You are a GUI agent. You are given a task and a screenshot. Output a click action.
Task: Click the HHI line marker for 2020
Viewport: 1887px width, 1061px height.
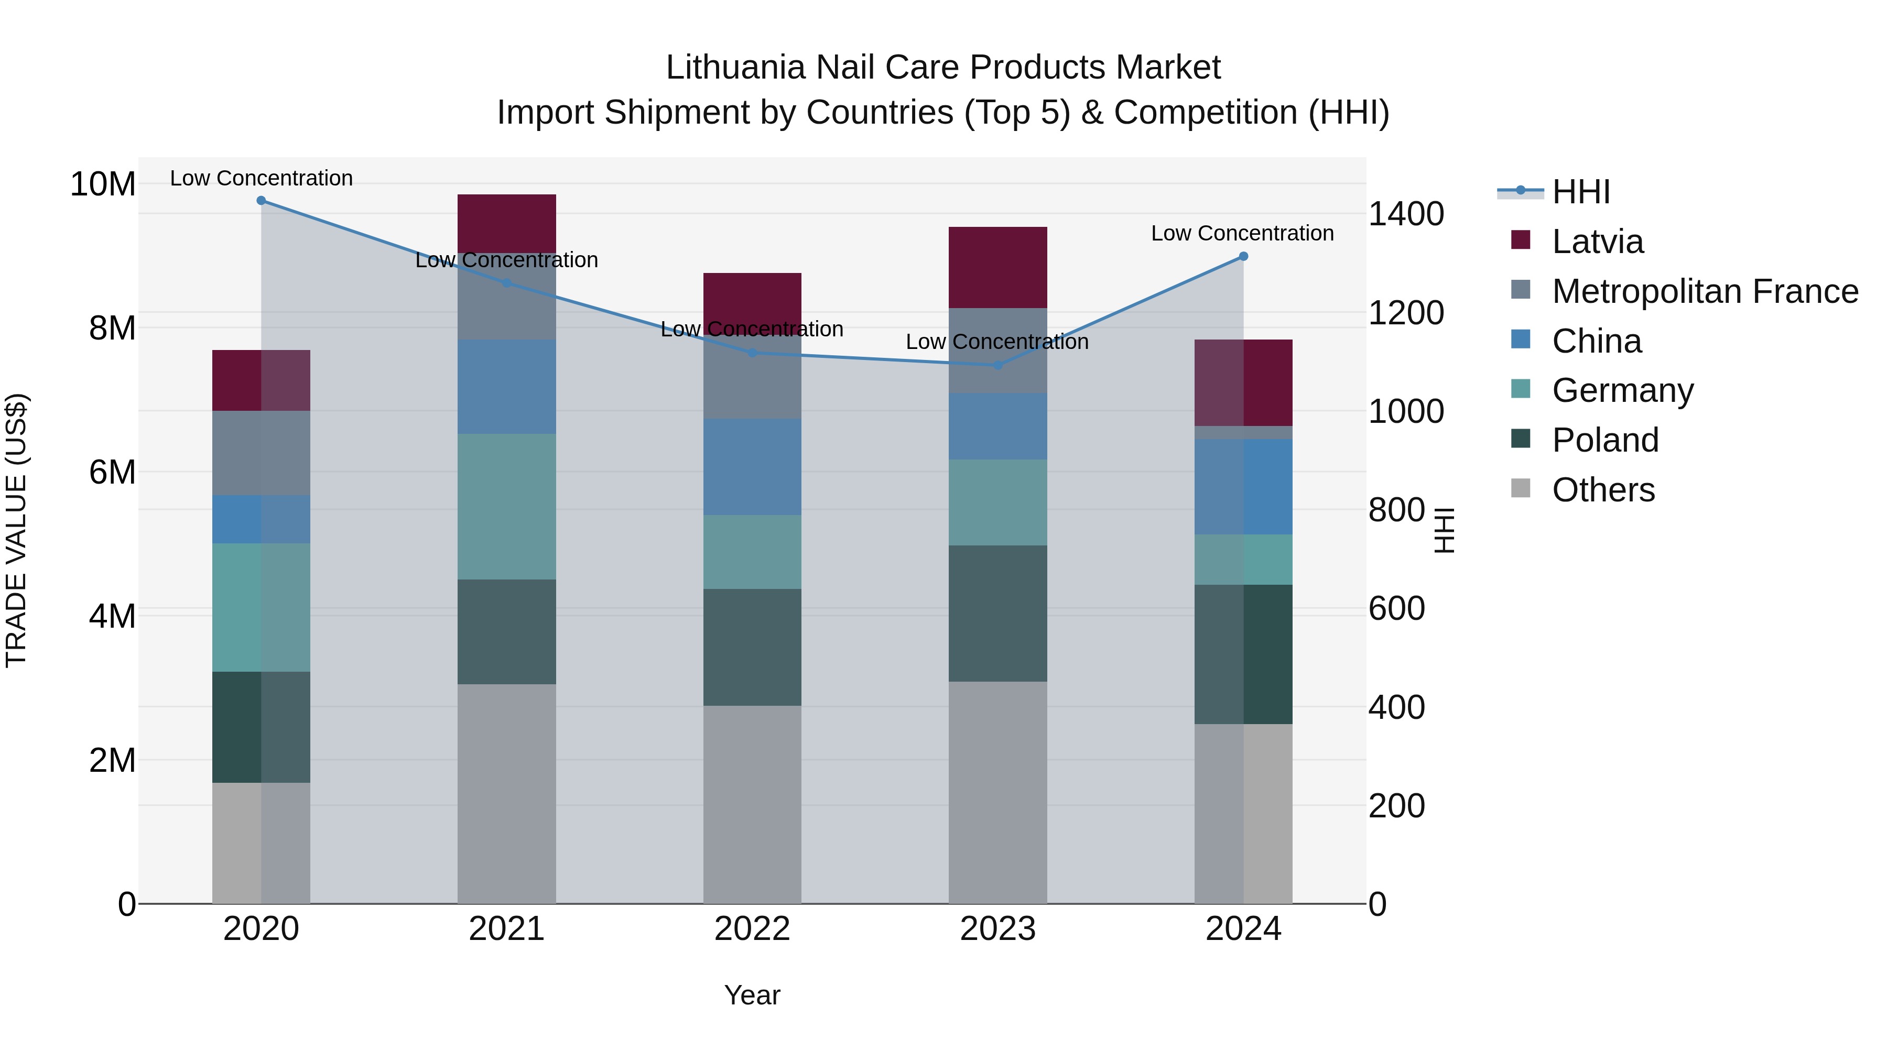(261, 201)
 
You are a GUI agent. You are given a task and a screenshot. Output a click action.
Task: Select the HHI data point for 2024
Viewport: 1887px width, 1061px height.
(1243, 256)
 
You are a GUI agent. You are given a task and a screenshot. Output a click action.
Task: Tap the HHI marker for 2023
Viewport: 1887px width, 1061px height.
(997, 365)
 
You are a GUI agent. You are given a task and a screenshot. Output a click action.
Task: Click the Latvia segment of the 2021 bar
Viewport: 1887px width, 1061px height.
(506, 223)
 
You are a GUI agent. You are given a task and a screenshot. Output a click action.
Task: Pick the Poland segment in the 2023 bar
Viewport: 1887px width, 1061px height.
(997, 614)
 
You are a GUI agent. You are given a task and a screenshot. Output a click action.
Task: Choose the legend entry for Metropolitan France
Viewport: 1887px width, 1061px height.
(1705, 291)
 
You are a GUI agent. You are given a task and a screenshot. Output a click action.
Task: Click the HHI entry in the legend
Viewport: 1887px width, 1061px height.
(1581, 192)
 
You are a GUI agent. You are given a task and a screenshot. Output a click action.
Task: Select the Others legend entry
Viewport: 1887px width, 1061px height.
(1603, 490)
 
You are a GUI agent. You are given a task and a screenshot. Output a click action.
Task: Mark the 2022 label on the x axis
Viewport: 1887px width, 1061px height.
(752, 929)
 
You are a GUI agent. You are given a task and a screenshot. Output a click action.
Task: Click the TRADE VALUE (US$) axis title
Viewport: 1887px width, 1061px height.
(16, 530)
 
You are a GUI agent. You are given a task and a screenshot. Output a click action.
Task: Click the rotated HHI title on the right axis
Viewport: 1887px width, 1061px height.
(1443, 530)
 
